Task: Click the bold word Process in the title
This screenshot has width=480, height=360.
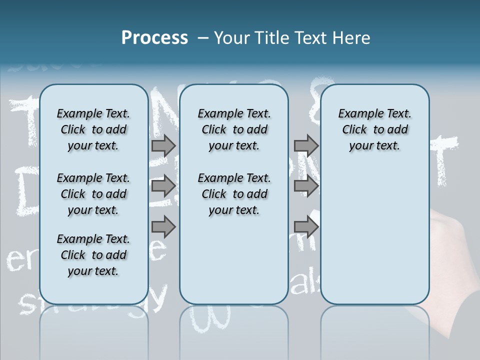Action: [154, 38]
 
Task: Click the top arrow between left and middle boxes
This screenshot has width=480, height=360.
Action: [163, 145]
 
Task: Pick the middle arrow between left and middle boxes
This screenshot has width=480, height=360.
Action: [163, 186]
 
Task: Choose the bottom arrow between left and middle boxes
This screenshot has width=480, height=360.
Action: [163, 227]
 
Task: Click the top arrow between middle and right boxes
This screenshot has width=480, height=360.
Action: [306, 145]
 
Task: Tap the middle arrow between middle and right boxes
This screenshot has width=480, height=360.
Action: [306, 186]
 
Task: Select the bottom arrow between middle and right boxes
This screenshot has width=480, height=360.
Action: [306, 227]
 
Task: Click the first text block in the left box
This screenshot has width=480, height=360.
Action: [93, 129]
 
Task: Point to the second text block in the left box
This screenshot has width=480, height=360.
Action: [93, 194]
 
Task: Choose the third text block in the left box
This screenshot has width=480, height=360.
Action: [93, 255]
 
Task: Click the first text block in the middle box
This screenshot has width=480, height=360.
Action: [234, 129]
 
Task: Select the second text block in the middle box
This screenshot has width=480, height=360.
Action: [234, 194]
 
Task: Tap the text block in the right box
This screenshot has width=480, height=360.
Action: [374, 129]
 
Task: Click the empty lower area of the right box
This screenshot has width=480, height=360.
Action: [374, 235]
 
